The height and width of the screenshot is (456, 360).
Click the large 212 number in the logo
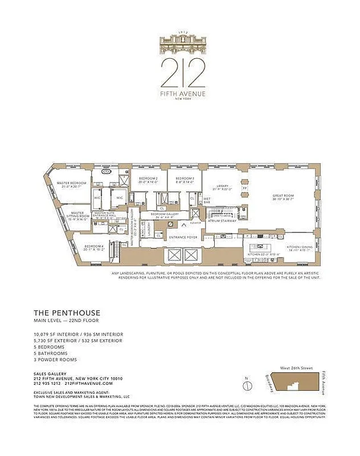click(x=182, y=71)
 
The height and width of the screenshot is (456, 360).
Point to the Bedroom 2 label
click(x=148, y=180)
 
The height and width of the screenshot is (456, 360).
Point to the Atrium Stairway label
click(x=221, y=221)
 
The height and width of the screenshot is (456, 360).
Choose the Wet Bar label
click(x=207, y=201)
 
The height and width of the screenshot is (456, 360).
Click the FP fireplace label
click(x=245, y=188)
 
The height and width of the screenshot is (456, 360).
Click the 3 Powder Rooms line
click(x=55, y=360)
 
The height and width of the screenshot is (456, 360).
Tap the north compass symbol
click(x=247, y=385)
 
